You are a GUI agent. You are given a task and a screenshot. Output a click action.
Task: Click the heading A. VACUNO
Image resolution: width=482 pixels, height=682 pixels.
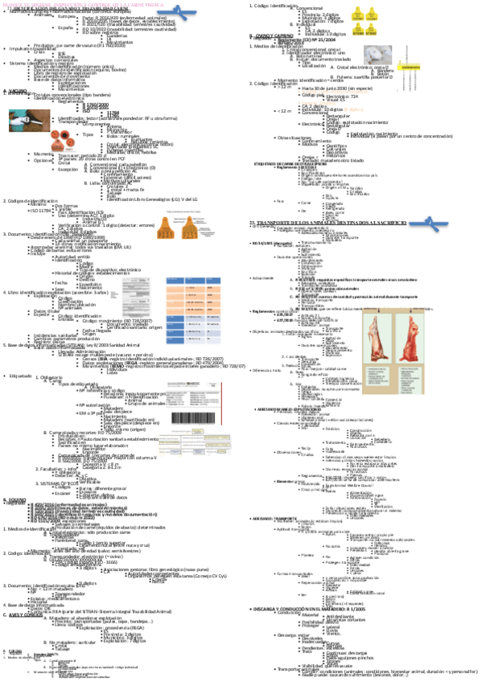tap(14, 89)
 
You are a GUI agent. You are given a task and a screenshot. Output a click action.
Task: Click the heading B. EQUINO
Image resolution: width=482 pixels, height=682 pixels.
tap(14, 477)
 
